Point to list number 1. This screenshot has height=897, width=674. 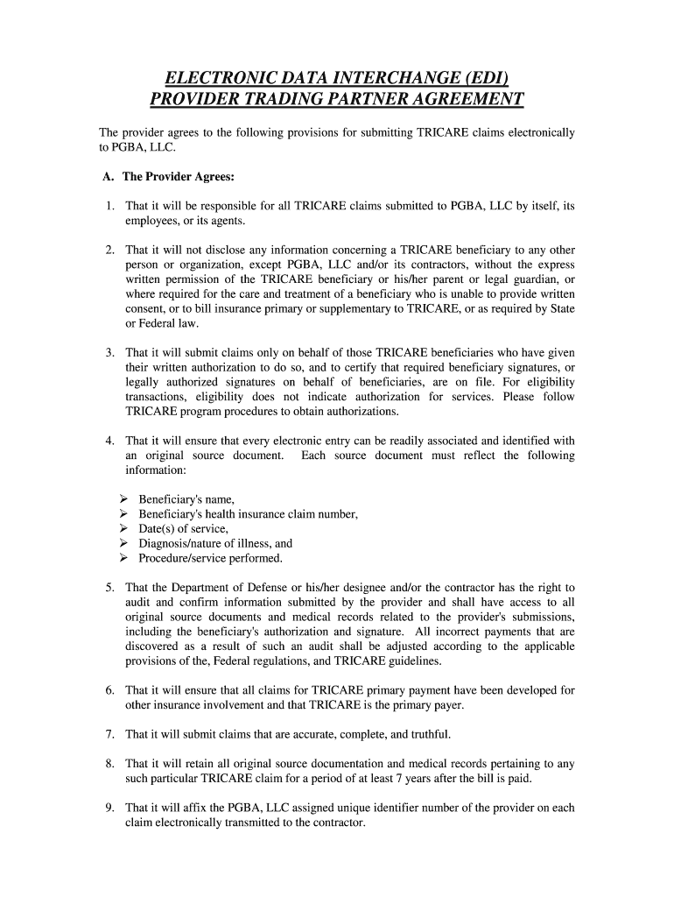110,206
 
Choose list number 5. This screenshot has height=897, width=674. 110,588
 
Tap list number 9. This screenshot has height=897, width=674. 110,809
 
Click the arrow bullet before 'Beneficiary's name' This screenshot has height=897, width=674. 123,499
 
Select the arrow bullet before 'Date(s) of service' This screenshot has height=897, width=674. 123,529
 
